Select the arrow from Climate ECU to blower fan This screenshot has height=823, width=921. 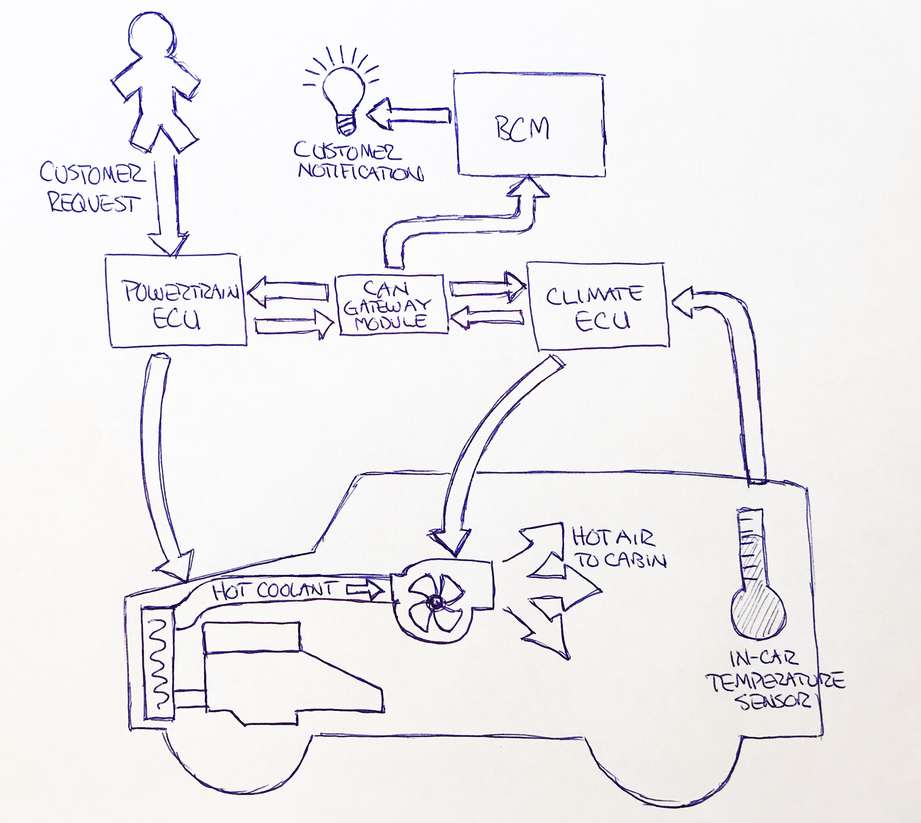(x=488, y=452)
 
